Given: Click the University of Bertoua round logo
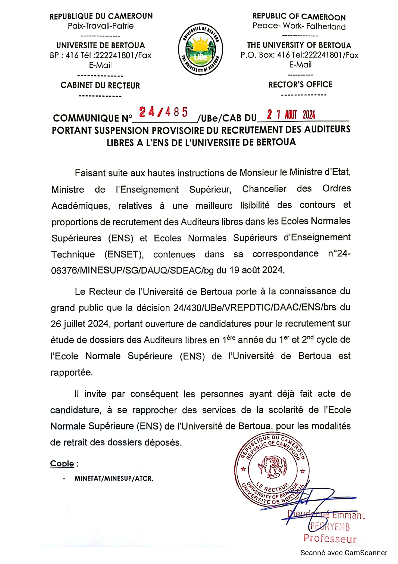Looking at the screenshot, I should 201,49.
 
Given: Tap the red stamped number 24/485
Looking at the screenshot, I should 163,112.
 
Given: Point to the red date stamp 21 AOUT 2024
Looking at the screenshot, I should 291,114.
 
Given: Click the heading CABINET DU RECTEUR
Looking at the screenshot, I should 100,85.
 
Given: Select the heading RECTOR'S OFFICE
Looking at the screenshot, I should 300,85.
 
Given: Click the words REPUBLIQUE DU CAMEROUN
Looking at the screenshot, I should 101,16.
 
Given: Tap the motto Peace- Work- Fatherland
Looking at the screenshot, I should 299,26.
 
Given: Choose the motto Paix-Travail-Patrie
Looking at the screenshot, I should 100,26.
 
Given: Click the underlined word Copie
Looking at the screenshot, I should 62,463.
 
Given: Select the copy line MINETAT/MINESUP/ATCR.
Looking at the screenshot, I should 114,479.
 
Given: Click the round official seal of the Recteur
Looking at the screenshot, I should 272,470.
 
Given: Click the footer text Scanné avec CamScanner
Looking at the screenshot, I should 343,553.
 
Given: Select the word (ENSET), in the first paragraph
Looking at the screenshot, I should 124,255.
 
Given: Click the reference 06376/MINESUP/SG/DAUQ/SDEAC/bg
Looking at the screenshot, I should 132,270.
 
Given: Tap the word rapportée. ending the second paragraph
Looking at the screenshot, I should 72,372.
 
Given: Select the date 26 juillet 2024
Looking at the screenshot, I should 80,324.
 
